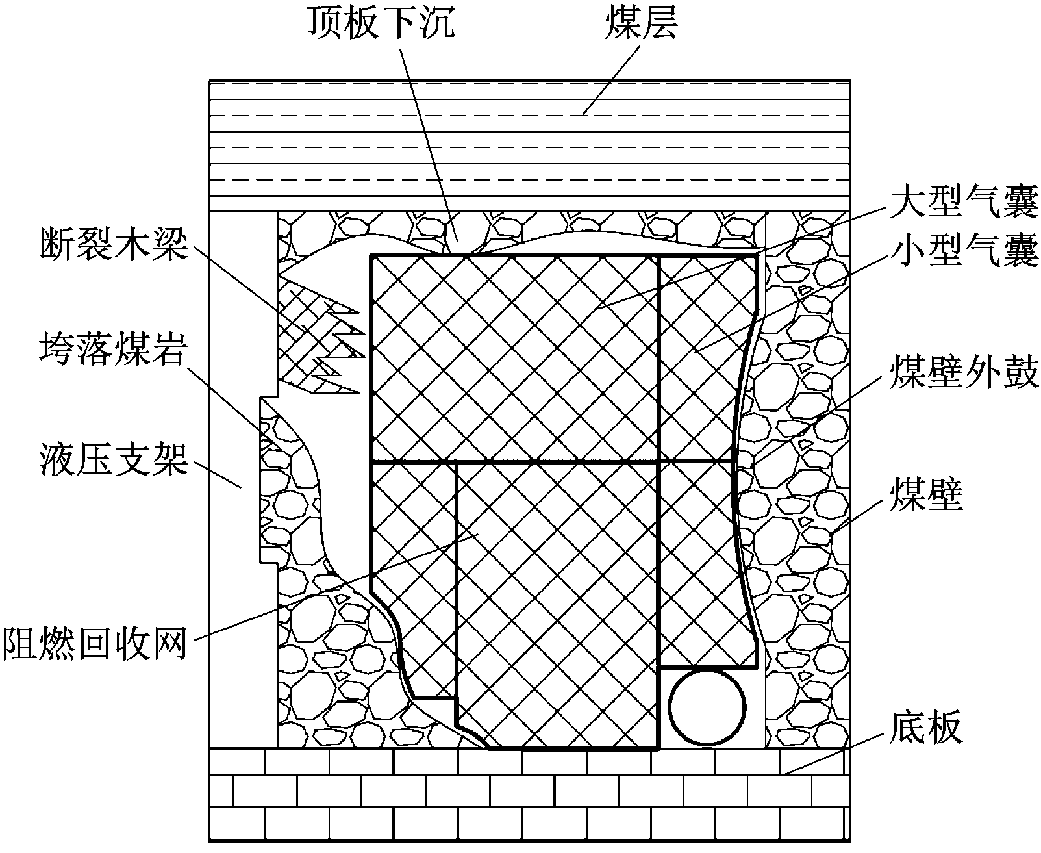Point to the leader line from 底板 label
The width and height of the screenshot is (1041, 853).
pyautogui.click(x=834, y=752)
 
